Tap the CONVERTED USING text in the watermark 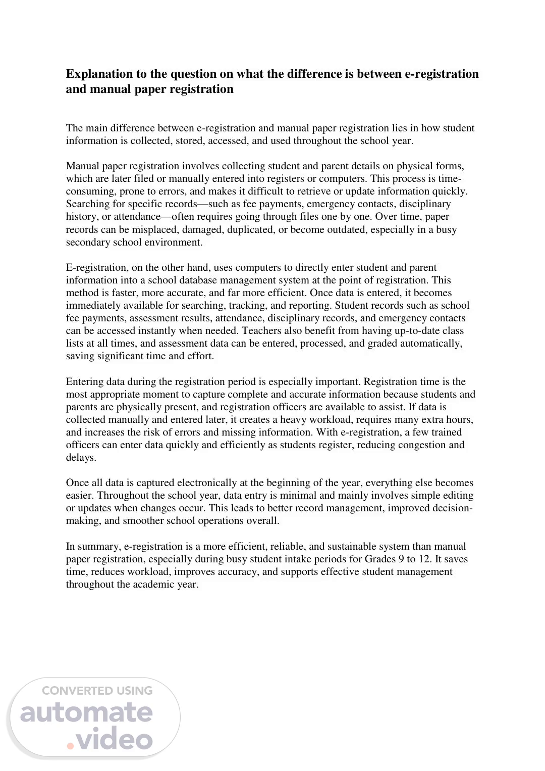pyautogui.click(x=97, y=690)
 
